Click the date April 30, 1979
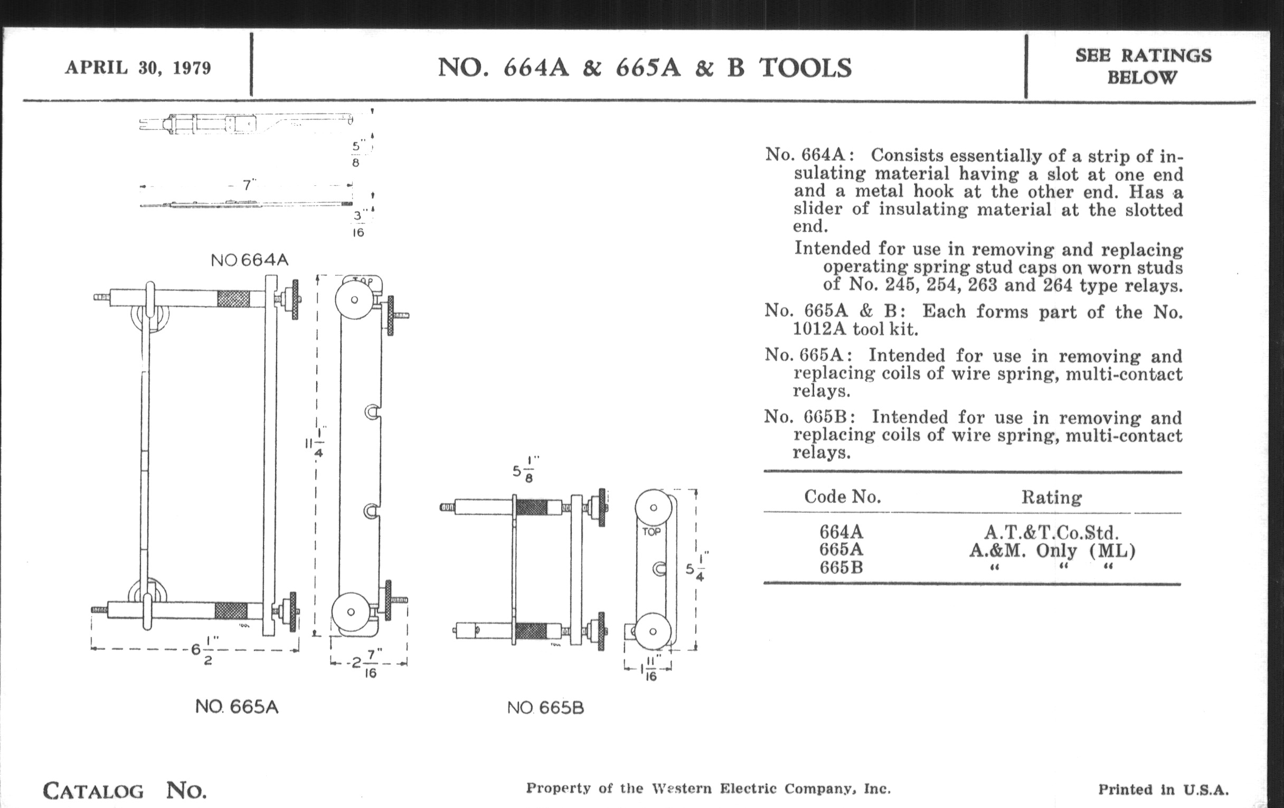138,68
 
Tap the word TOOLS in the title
806,68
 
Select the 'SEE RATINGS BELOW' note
1143,66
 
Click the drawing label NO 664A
250,260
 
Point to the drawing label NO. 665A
237,707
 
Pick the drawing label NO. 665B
545,708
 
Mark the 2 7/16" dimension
368,663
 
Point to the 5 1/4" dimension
697,567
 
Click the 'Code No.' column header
843,497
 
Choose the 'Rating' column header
1052,497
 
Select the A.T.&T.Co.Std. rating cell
1052,532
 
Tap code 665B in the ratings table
842,568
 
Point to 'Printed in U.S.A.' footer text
1164,790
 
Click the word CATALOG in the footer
93,791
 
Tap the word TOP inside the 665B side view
652,532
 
